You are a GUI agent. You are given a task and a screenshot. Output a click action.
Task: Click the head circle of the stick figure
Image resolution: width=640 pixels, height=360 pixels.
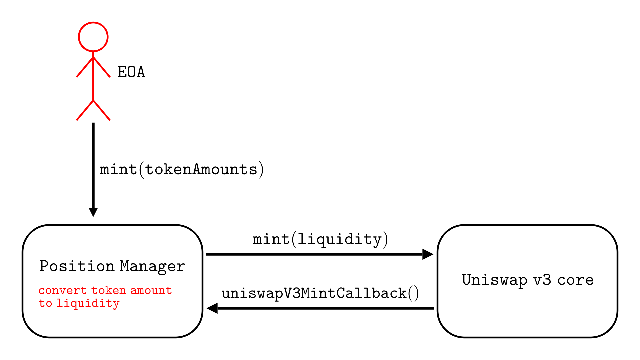[93, 37]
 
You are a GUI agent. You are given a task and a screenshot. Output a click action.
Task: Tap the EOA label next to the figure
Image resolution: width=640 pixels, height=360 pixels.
[131, 72]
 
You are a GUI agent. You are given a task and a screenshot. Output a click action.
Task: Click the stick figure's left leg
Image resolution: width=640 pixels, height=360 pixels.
[85, 110]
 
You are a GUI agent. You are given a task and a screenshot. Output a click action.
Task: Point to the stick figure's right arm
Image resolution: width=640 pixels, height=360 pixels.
[102, 67]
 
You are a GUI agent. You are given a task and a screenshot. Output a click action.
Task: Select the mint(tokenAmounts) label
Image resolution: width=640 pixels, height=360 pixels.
[182, 170]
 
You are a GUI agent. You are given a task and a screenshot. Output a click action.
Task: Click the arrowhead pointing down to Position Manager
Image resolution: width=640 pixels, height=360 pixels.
[93, 212]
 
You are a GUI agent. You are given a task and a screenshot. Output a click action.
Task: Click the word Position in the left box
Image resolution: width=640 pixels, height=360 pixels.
[77, 266]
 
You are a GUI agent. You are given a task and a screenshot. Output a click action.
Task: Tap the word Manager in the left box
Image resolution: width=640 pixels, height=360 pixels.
[152, 266]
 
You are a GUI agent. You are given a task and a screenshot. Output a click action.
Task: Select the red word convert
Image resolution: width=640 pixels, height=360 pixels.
[63, 291]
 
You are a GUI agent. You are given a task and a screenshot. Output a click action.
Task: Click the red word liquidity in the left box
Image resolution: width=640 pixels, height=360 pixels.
[88, 303]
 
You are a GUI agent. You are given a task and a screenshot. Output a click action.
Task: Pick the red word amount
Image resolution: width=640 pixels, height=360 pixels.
[151, 291]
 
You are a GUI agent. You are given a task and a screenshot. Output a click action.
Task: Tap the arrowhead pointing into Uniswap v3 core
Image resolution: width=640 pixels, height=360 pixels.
[428, 254]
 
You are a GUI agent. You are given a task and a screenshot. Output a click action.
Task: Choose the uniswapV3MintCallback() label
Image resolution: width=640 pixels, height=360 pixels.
[320, 294]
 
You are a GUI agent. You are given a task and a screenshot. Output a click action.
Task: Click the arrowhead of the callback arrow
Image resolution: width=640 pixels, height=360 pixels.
[212, 308]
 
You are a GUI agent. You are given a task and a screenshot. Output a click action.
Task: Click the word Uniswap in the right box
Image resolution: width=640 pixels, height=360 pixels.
[495, 280]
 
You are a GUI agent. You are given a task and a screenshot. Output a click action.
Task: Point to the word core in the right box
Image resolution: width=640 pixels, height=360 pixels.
[575, 280]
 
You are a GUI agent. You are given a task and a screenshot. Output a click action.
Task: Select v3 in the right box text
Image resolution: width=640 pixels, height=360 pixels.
[542, 280]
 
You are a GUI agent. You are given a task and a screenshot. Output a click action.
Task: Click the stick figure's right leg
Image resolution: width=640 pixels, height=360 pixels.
[102, 110]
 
